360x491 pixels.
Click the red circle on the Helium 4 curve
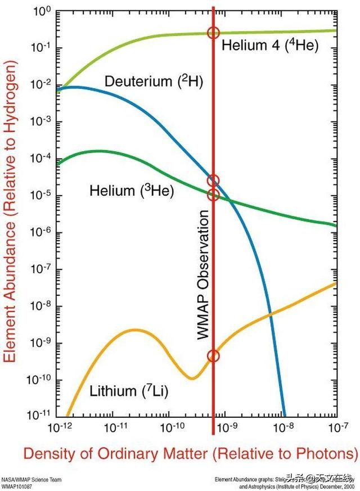(213, 33)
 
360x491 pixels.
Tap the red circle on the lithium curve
(213, 355)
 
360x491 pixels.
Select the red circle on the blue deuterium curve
(213, 181)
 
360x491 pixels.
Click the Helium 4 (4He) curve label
(270, 45)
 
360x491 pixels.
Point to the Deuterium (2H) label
(154, 82)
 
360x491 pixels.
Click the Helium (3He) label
(132, 191)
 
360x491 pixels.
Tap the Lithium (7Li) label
(129, 390)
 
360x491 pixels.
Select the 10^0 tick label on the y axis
(42, 11)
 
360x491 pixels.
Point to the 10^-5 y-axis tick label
(40, 196)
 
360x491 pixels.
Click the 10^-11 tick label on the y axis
(39, 417)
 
